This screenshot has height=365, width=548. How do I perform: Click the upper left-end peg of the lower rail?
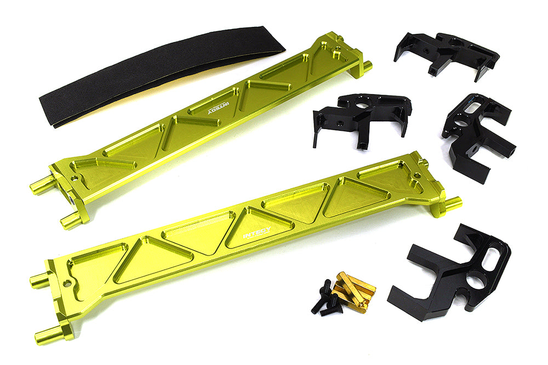tap(40, 281)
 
